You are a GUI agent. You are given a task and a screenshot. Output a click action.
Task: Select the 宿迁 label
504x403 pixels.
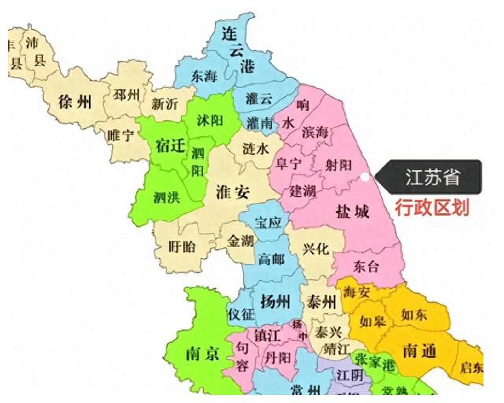(x=170, y=146)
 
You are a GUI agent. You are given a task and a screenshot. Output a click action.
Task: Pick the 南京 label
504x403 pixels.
(x=203, y=354)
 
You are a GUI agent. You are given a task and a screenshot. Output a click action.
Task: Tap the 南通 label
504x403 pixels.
(x=420, y=350)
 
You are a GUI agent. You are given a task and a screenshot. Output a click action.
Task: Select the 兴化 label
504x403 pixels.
(x=316, y=249)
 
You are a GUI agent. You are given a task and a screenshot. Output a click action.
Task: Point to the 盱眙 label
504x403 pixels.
(x=182, y=247)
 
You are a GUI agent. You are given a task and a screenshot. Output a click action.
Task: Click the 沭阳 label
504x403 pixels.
(x=210, y=121)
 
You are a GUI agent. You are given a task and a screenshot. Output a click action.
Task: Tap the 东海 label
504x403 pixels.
(x=204, y=76)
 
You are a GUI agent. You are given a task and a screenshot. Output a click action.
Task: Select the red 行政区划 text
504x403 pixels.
(x=432, y=207)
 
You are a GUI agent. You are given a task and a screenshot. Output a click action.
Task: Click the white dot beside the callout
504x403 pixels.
(x=364, y=177)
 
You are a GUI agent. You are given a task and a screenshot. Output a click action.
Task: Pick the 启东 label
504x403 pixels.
(x=472, y=367)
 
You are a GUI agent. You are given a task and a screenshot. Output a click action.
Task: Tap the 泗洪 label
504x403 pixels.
(x=167, y=198)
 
